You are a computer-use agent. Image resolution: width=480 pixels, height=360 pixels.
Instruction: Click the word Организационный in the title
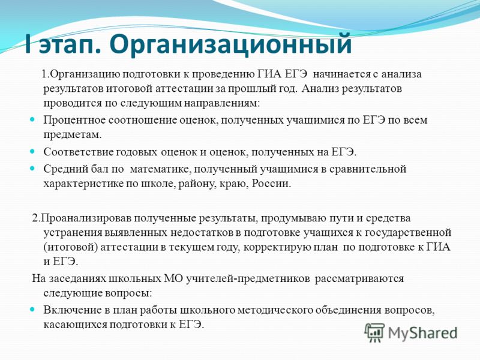point(230,44)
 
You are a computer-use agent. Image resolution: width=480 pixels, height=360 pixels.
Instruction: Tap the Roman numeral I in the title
point(28,44)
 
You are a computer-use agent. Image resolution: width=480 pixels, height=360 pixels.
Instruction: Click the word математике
point(161,169)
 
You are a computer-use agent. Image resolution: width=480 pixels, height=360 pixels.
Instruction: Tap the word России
point(271,184)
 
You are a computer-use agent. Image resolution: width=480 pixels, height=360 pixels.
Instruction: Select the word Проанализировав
point(86,218)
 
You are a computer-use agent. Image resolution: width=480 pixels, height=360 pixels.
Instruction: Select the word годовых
point(137,152)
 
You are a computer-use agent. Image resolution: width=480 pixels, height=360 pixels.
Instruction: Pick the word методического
point(275,310)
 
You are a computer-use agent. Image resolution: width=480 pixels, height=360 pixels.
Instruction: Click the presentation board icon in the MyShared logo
point(374,332)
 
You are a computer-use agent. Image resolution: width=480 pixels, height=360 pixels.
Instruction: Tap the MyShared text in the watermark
point(423,333)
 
